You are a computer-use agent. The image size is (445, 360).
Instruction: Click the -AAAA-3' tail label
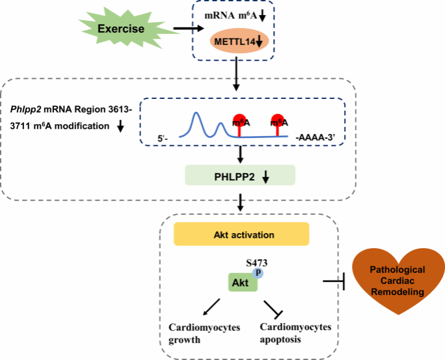316,138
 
